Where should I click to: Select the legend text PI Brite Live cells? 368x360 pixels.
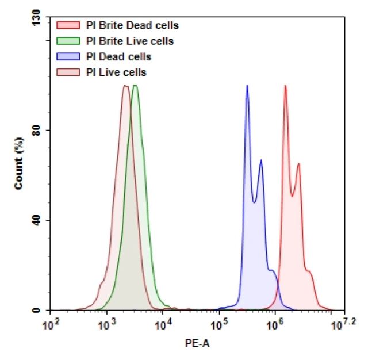(x=129, y=41)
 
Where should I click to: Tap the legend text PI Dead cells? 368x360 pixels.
(x=118, y=56)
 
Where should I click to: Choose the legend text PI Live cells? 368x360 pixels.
(x=116, y=72)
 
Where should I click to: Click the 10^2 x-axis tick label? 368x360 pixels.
(x=52, y=324)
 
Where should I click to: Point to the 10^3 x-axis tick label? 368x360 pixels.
(x=107, y=324)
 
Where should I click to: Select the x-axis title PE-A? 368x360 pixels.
(x=194, y=344)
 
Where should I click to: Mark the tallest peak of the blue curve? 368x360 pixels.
(x=247, y=86)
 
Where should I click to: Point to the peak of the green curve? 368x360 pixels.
(x=135, y=86)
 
